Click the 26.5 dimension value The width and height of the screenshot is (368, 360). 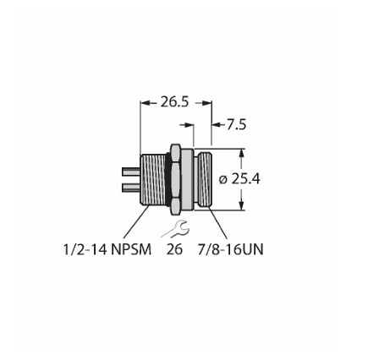(174, 102)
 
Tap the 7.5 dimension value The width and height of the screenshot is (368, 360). (237, 125)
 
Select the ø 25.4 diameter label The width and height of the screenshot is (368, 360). (239, 179)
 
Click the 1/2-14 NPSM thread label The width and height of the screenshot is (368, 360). (107, 249)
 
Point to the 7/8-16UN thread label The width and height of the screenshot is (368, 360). (230, 249)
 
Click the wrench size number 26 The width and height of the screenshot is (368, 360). (174, 249)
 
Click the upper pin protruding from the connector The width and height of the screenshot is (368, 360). (131, 172)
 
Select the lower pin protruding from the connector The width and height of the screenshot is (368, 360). (131, 188)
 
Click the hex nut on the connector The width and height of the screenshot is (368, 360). (175, 179)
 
